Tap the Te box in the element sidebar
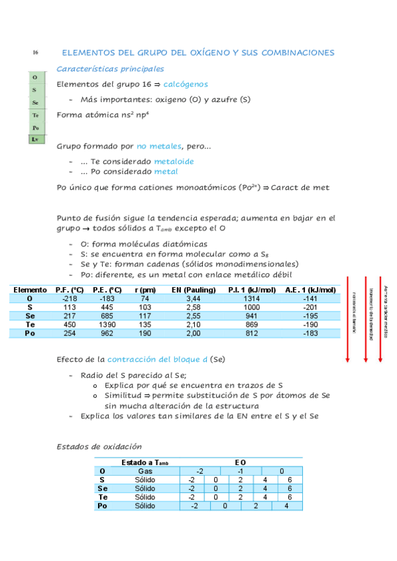click(x=35, y=115)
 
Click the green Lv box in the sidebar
click(x=35, y=140)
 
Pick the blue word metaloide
click(x=174, y=161)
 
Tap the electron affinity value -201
click(x=310, y=308)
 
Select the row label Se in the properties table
click(x=28, y=316)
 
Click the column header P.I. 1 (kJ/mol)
click(x=252, y=290)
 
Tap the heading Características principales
click(x=111, y=68)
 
